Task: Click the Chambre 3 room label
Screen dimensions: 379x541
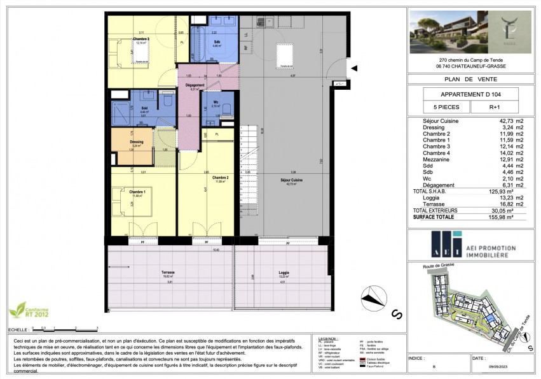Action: (x=140, y=39)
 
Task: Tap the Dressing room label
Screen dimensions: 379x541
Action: (x=136, y=142)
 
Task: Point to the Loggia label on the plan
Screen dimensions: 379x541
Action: (x=284, y=272)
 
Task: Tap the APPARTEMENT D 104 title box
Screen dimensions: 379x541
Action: (x=470, y=94)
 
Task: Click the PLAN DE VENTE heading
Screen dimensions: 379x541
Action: (x=470, y=80)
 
